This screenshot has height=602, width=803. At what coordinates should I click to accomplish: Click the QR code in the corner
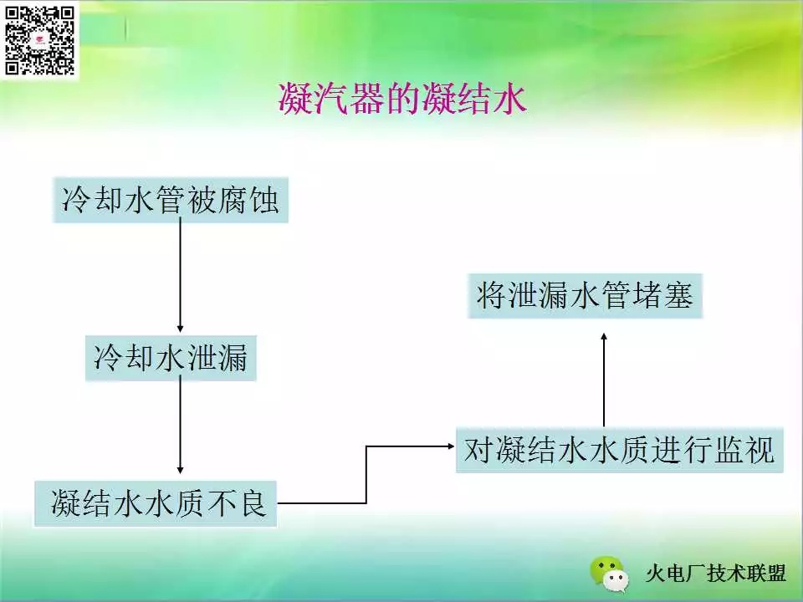click(39, 40)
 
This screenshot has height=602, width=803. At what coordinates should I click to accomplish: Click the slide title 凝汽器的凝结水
click(402, 99)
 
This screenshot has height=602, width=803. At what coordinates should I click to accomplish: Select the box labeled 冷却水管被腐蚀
click(171, 200)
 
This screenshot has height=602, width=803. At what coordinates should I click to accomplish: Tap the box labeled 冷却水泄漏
click(171, 358)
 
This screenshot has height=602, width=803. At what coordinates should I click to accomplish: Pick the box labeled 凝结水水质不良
click(156, 503)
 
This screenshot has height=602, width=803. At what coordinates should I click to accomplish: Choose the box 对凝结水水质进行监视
click(620, 450)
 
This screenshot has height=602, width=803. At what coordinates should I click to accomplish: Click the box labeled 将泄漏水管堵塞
click(585, 295)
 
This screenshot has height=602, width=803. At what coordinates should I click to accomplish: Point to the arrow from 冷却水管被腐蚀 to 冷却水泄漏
click(181, 275)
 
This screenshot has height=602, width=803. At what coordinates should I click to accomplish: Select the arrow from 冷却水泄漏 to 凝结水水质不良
click(181, 425)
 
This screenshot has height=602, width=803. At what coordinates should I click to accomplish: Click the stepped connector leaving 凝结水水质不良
click(366, 475)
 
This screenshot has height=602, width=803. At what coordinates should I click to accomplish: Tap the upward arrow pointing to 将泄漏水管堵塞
click(604, 380)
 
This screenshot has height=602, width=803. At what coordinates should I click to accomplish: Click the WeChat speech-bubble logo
click(610, 574)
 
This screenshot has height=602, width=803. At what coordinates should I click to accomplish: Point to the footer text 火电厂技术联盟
click(716, 574)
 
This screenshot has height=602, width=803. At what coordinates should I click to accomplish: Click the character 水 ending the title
click(509, 99)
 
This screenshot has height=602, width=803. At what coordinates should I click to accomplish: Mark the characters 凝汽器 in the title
click(331, 99)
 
